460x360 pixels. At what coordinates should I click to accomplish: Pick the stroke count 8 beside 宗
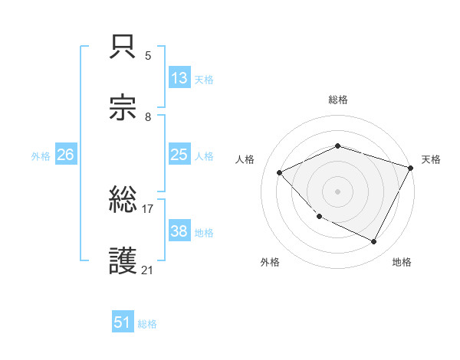click(x=148, y=116)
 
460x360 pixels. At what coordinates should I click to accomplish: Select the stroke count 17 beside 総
click(x=148, y=208)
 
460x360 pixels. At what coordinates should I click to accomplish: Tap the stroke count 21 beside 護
click(x=148, y=270)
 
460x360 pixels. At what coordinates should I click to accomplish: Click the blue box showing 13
click(x=179, y=78)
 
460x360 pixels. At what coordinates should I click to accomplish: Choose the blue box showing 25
click(x=179, y=155)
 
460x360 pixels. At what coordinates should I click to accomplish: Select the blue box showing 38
click(x=179, y=231)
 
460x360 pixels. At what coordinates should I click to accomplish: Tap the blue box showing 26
click(x=65, y=155)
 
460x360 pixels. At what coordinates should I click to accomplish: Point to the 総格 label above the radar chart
click(x=338, y=100)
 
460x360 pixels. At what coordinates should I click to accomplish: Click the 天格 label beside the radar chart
click(x=431, y=159)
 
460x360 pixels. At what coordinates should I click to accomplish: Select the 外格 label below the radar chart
click(x=270, y=262)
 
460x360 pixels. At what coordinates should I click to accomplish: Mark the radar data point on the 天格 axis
click(x=412, y=167)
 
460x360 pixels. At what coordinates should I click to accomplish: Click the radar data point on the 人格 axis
click(x=280, y=173)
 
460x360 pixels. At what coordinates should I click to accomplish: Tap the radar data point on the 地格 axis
click(x=374, y=242)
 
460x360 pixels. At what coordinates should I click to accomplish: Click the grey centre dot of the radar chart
click(x=337, y=191)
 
